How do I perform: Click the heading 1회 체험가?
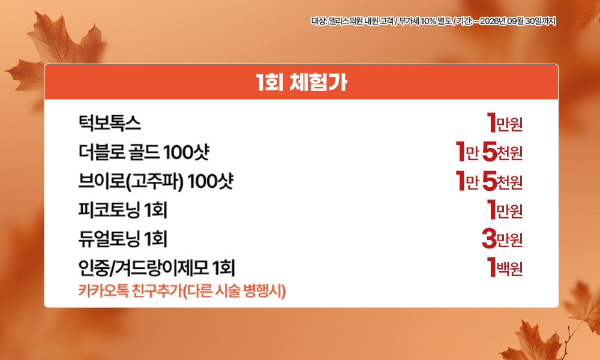tap(301, 82)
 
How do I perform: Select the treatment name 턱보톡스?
tap(109, 123)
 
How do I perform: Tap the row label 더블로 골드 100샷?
tap(144, 152)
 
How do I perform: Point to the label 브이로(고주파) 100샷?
tap(156, 181)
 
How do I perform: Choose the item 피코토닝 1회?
tap(123, 210)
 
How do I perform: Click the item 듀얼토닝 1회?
tap(123, 239)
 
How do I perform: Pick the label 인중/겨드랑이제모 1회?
tap(157, 268)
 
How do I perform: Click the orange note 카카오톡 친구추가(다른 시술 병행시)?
tap(182, 291)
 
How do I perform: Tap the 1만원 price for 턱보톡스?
tap(505, 123)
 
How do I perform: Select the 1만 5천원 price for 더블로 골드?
tap(489, 151)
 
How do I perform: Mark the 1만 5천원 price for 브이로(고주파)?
tap(489, 181)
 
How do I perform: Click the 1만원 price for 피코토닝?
tap(505, 209)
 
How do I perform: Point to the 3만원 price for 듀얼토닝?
tap(502, 239)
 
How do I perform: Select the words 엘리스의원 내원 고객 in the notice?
tap(361, 21)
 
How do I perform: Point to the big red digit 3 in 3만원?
tap(489, 239)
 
